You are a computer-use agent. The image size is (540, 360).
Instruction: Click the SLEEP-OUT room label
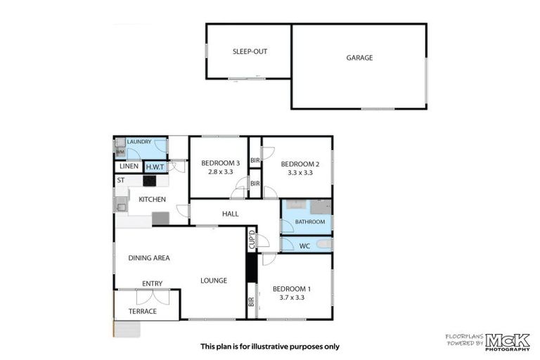(250, 52)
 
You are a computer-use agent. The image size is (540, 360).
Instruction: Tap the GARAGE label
(359, 58)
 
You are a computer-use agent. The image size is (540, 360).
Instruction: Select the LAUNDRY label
(139, 142)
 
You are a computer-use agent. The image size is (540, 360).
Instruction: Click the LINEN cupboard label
(129, 167)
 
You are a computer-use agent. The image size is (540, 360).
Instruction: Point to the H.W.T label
(154, 167)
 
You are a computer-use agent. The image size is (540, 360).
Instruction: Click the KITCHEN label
(152, 200)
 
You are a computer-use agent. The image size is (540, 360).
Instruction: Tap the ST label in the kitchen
(121, 181)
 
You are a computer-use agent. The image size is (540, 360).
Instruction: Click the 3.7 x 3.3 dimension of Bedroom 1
(290, 298)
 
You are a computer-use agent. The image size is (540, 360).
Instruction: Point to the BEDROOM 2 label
(300, 164)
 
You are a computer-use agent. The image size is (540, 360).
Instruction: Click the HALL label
(231, 214)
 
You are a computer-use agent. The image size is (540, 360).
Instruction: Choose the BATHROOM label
(310, 221)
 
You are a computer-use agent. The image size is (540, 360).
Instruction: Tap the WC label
(304, 245)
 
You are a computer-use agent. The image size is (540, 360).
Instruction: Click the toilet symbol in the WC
(323, 244)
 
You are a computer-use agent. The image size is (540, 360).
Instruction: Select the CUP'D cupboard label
(251, 240)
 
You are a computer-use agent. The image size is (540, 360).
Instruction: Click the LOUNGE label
(214, 281)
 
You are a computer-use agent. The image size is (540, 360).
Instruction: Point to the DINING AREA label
(149, 258)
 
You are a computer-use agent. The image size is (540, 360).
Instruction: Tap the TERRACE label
(143, 311)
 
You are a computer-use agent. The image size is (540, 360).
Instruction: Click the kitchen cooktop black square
(150, 181)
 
